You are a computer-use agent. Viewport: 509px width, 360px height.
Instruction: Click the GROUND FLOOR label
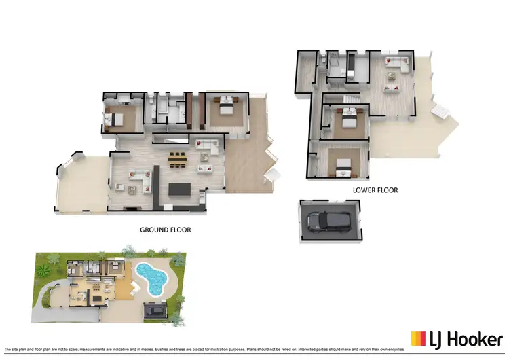[x=165, y=230]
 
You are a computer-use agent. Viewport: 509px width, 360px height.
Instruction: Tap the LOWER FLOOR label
[x=375, y=190]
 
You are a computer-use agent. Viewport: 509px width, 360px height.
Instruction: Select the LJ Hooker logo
[x=455, y=338]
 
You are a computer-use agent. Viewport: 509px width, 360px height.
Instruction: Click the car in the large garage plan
[x=329, y=220]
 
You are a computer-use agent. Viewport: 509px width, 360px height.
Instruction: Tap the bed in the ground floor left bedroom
[x=113, y=120]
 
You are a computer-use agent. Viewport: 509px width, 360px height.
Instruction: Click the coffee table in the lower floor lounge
[x=392, y=86]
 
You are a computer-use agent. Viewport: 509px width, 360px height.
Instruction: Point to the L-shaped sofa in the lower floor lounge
[x=396, y=66]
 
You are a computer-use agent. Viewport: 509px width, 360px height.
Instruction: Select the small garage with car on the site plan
[x=155, y=310]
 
